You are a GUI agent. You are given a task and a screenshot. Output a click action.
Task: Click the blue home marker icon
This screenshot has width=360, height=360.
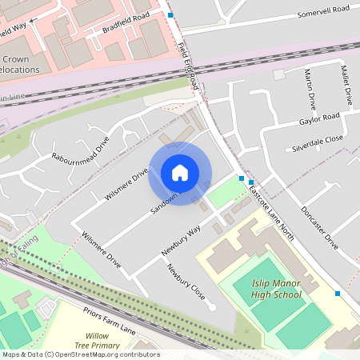click(x=180, y=173)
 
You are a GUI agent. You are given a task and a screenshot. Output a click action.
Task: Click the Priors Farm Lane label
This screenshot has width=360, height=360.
click(x=110, y=319)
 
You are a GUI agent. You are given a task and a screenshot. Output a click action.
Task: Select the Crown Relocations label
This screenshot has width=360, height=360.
click(x=21, y=64)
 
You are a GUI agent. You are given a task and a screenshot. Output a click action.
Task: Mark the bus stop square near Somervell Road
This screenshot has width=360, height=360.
click(x=170, y=15)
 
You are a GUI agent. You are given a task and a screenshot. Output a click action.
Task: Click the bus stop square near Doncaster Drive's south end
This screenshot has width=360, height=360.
click(x=338, y=294)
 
